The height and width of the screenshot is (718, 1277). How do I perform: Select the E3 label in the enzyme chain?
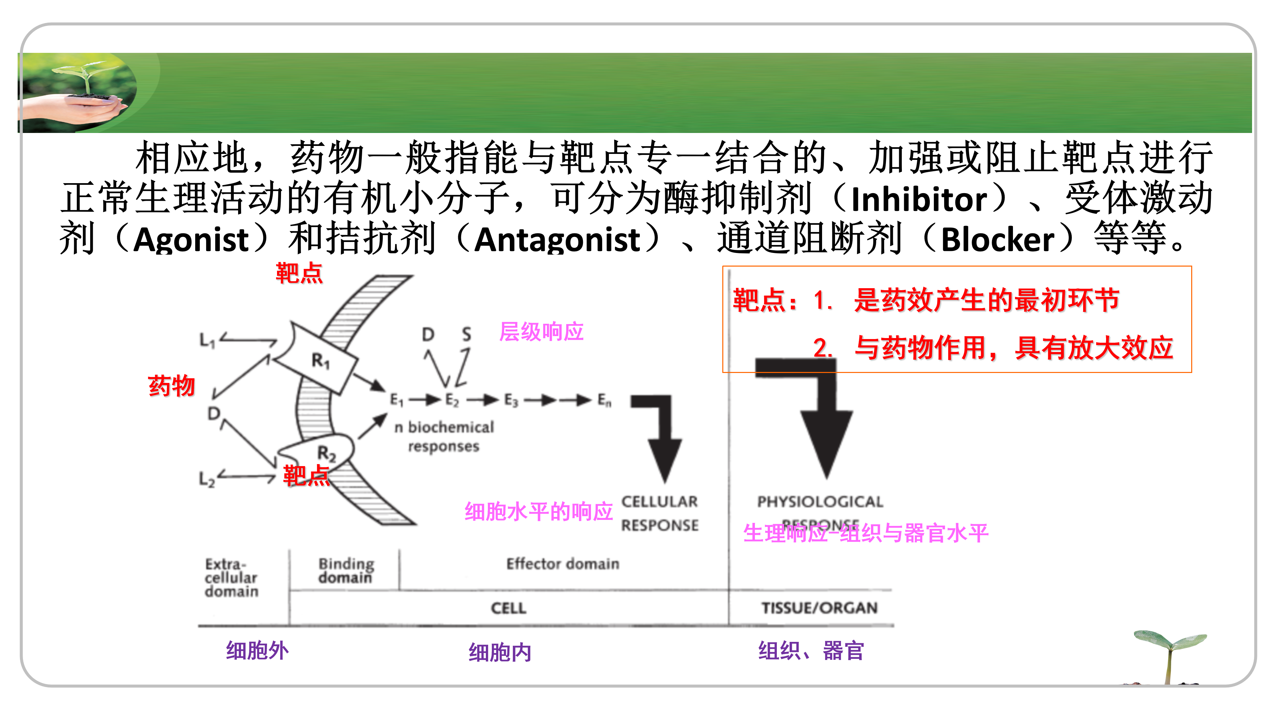point(510,400)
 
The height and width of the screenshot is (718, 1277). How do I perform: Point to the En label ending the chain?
point(604,400)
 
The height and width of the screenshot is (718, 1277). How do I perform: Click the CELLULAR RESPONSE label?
point(659,513)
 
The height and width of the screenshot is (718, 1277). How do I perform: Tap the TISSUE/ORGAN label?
point(819,608)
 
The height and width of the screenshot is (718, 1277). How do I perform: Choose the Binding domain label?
point(346,570)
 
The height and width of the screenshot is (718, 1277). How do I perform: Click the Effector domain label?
point(563,564)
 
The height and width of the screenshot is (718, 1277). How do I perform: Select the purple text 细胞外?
point(257,651)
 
